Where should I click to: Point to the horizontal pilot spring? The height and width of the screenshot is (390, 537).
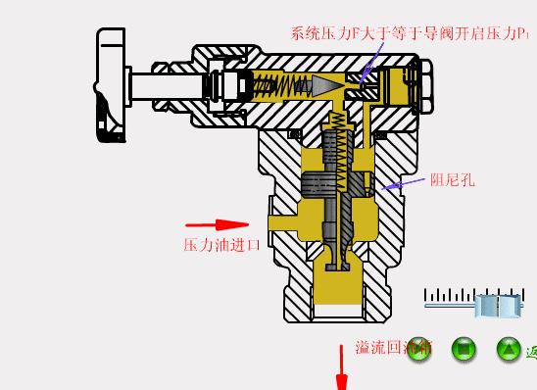pyautogui.click(x=285, y=86)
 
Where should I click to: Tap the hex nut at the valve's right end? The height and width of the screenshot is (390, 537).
pyautogui.click(x=424, y=87)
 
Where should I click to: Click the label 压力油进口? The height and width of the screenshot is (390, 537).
pyautogui.click(x=222, y=245)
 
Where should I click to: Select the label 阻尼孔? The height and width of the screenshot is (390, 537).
pyautogui.click(x=452, y=179)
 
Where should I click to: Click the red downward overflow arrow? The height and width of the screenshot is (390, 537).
pyautogui.click(x=342, y=373)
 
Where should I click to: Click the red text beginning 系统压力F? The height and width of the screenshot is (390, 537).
pyautogui.click(x=412, y=32)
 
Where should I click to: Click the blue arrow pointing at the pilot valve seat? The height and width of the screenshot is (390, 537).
pyautogui.click(x=367, y=66)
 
